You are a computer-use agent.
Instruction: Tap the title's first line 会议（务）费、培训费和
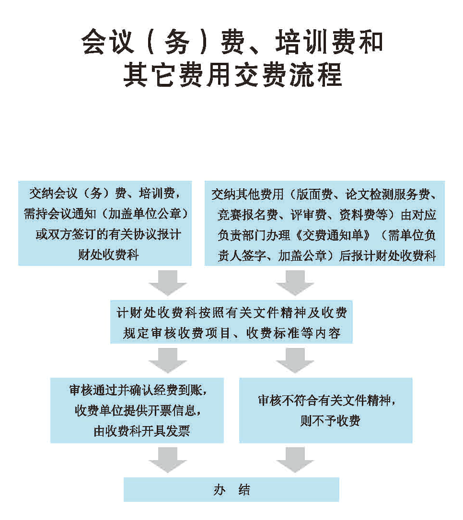pyautogui.click(x=232, y=42)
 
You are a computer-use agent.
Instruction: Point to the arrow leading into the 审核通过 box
pyautogui.click(x=167, y=360)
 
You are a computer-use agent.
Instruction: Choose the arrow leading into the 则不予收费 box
pyautogui.click(x=294, y=360)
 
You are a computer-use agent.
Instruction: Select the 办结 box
pyautogui.click(x=231, y=489)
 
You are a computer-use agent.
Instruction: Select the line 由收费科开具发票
pyautogui.click(x=141, y=431)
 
